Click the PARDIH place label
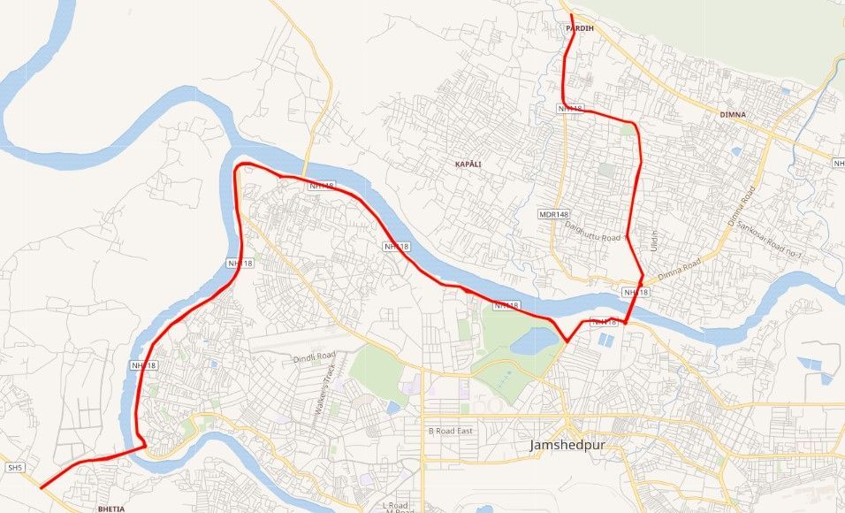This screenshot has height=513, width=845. tap(580, 29)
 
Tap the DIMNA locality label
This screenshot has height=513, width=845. tap(733, 115)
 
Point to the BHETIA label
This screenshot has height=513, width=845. tap(112, 509)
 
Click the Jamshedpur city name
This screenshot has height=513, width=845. tap(567, 445)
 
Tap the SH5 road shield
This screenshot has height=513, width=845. tap(13, 467)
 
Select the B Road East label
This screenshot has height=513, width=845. tap(451, 431)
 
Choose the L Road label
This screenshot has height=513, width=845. tap(397, 505)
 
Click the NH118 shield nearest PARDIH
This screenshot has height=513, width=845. tap(570, 109)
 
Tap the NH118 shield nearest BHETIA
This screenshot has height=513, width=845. tap(143, 365)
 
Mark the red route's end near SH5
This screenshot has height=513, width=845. tap(42, 487)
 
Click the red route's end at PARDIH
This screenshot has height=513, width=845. tap(571, 15)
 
